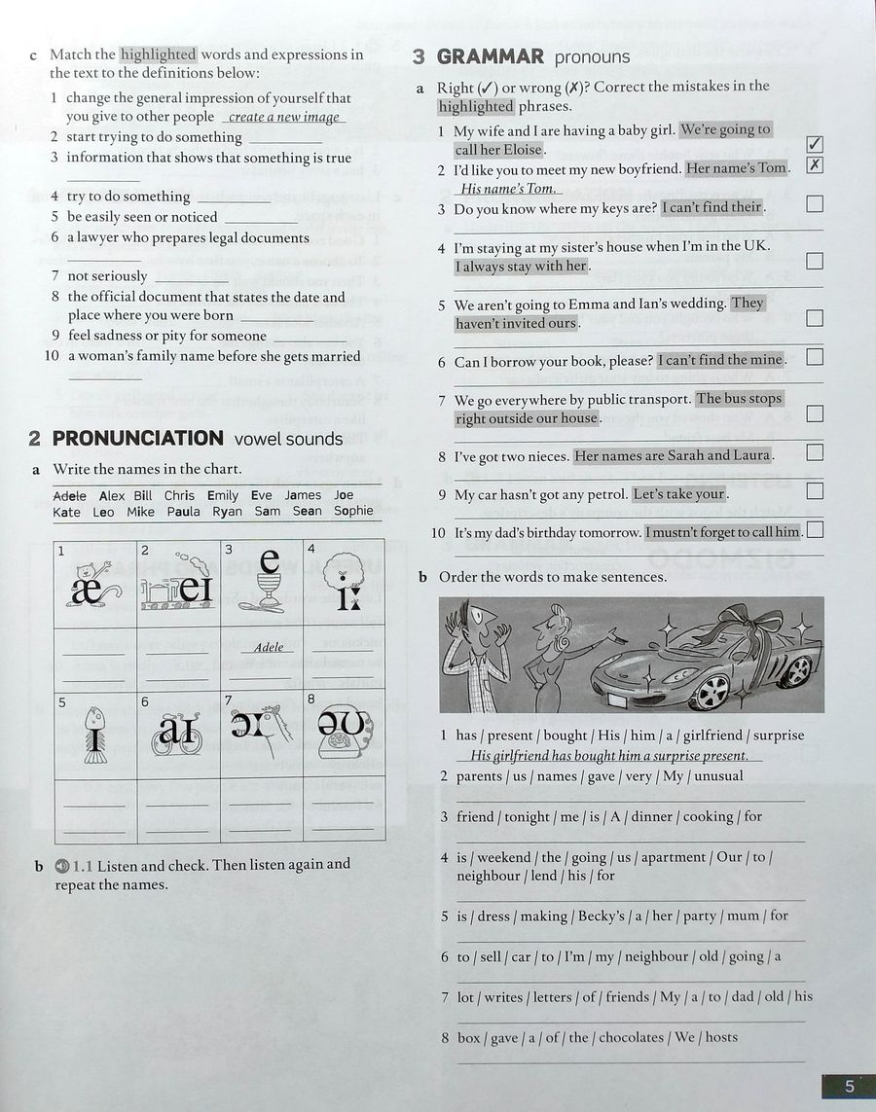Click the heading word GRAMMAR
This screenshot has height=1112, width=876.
click(490, 56)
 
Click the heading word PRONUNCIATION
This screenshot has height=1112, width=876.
click(137, 439)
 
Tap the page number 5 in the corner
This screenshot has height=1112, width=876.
click(849, 1087)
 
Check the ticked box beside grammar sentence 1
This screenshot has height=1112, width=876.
click(816, 145)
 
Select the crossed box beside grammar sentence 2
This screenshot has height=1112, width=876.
click(816, 164)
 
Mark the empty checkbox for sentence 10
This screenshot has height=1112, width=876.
click(816, 530)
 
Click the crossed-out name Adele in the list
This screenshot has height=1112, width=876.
click(69, 495)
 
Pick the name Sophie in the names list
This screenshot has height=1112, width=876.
click(353, 511)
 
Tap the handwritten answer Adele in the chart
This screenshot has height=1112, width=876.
click(269, 647)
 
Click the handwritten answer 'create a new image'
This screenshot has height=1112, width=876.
click(284, 118)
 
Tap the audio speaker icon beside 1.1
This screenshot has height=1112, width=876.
click(63, 865)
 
